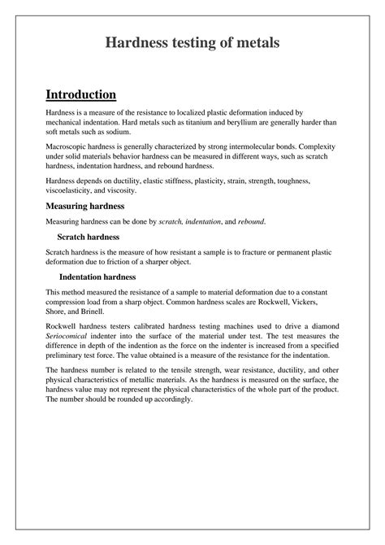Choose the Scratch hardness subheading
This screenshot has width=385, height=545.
point(89,237)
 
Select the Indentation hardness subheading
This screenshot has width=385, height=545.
point(97,277)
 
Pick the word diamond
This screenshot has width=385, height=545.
point(320,325)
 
